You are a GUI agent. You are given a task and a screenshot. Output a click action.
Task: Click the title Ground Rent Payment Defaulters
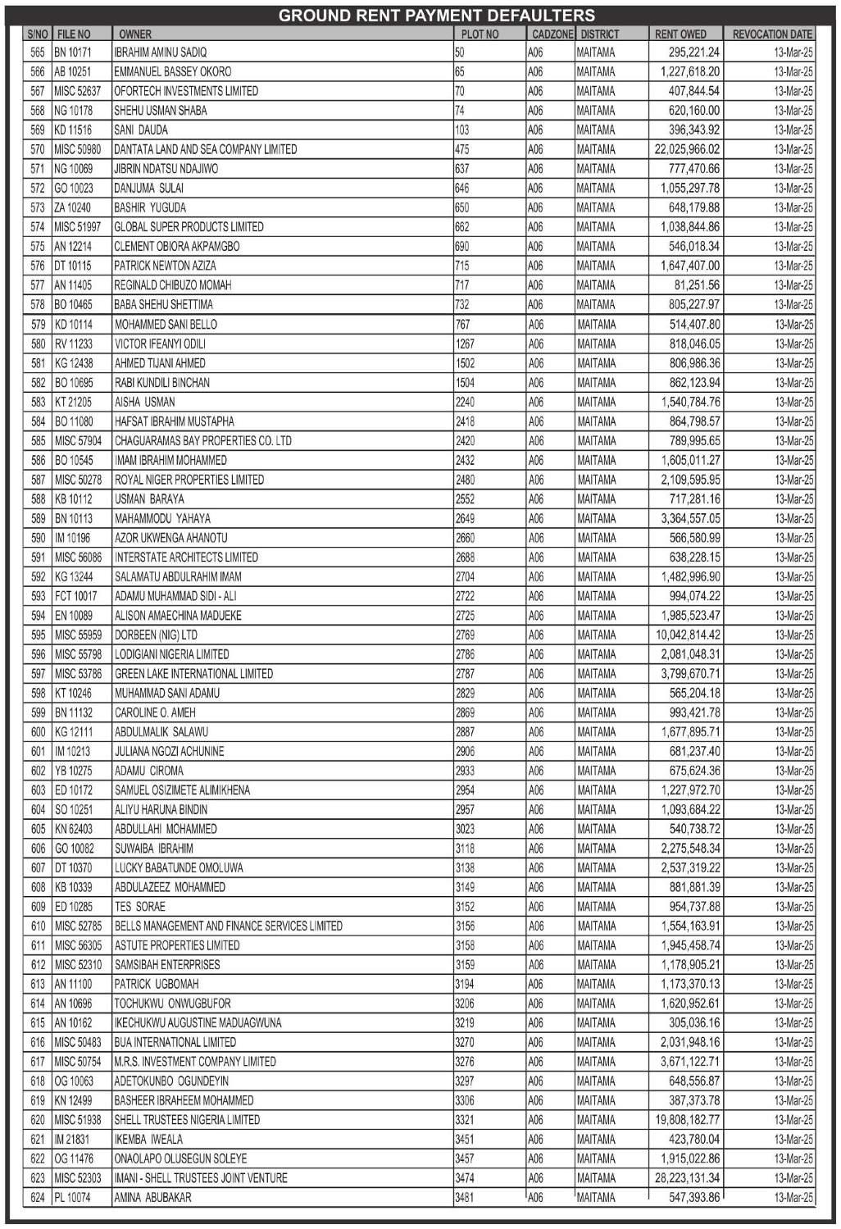[436, 16]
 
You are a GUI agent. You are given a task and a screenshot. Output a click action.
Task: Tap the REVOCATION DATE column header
[771, 34]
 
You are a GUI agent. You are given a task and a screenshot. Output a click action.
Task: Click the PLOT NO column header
[480, 34]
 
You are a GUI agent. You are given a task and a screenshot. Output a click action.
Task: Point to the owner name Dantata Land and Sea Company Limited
[205, 149]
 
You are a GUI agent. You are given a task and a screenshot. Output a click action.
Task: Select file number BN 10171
[73, 52]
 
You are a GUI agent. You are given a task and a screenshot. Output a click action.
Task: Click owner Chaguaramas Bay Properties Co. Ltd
[202, 441]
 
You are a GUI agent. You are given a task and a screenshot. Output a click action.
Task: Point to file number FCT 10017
[75, 596]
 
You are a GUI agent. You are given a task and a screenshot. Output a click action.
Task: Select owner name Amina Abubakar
[152, 1198]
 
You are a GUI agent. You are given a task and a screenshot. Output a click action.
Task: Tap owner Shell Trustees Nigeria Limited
[187, 1120]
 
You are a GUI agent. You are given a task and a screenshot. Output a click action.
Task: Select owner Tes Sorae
[139, 907]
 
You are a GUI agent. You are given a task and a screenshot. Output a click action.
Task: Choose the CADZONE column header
[552, 34]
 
